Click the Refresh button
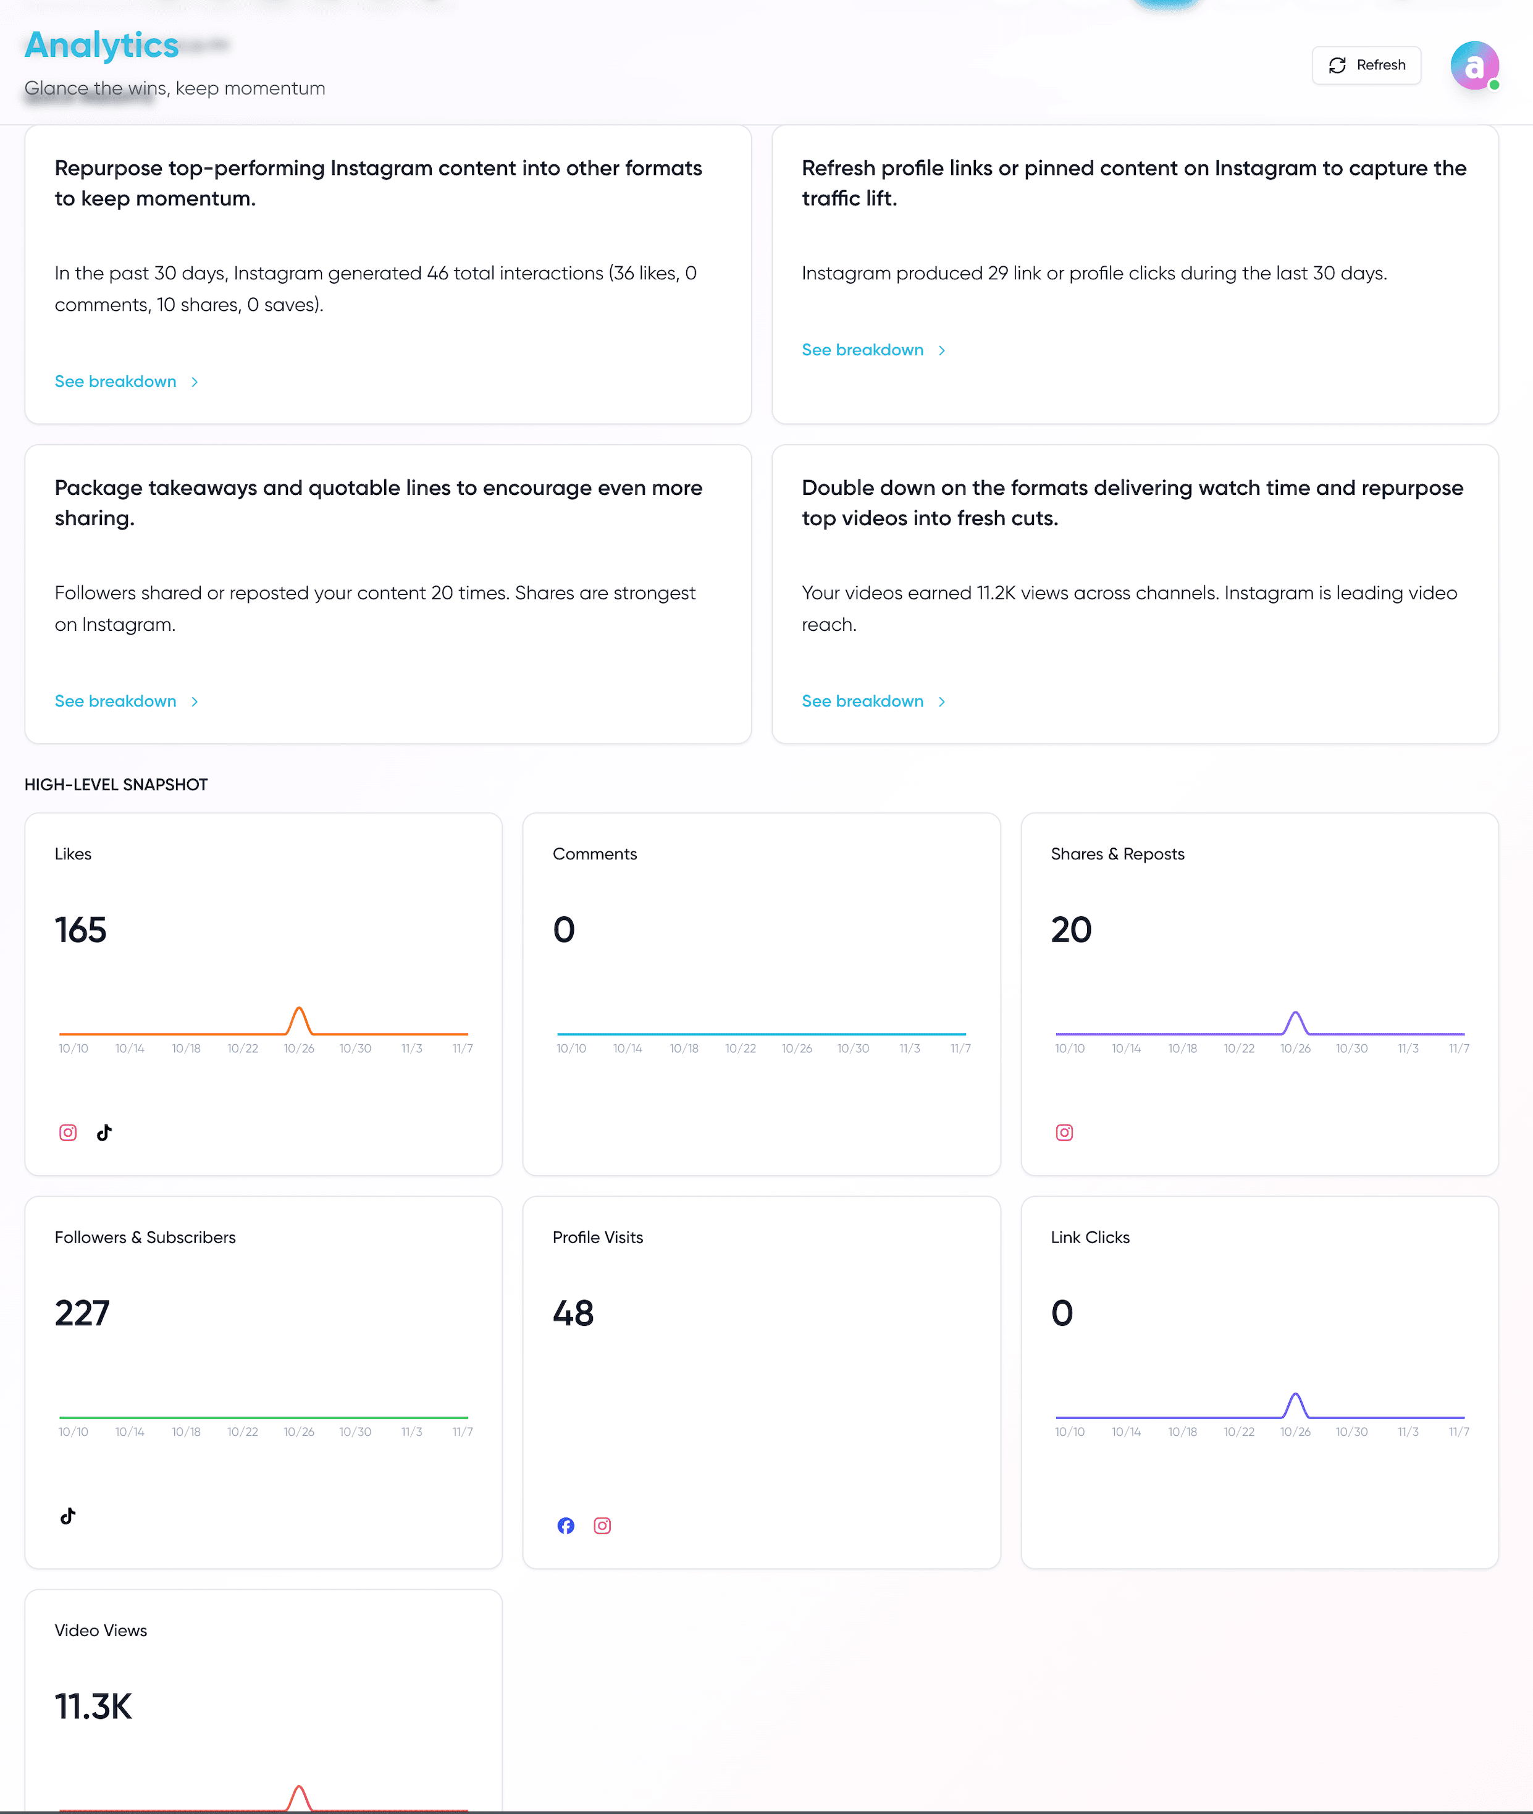(1366, 65)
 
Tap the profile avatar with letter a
(1474, 66)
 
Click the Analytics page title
(102, 45)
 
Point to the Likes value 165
(81, 930)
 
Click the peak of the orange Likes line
(299, 1008)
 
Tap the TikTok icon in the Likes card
(104, 1133)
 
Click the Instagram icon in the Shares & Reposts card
(1065, 1133)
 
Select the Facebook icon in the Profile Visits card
(566, 1525)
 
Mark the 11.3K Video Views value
(94, 1707)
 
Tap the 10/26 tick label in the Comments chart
(796, 1049)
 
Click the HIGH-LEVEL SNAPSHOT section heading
(117, 785)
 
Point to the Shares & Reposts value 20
(1072, 930)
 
